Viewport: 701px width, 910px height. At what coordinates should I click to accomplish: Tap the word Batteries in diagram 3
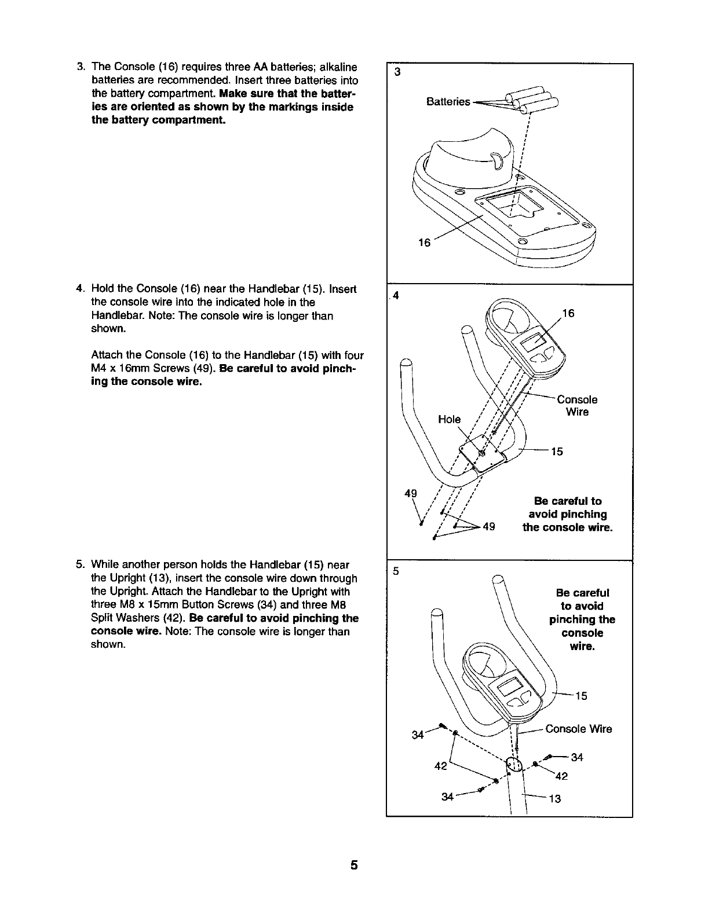(448, 102)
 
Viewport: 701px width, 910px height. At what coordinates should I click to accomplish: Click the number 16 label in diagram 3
(424, 243)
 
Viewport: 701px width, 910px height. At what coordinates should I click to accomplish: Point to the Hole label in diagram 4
(449, 419)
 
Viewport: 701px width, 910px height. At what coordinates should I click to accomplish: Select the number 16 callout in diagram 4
(568, 314)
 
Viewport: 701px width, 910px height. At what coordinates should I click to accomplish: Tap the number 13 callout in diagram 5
(554, 799)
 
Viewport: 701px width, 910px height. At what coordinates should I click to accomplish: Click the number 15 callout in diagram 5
(581, 696)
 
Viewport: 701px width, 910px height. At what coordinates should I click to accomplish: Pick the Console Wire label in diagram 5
(578, 729)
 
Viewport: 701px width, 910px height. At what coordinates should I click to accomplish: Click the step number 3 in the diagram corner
(397, 72)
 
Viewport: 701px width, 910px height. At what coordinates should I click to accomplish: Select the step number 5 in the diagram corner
(396, 571)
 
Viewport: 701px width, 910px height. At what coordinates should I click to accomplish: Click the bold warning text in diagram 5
(582, 619)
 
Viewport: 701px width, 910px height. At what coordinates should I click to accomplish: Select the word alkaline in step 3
(334, 67)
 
